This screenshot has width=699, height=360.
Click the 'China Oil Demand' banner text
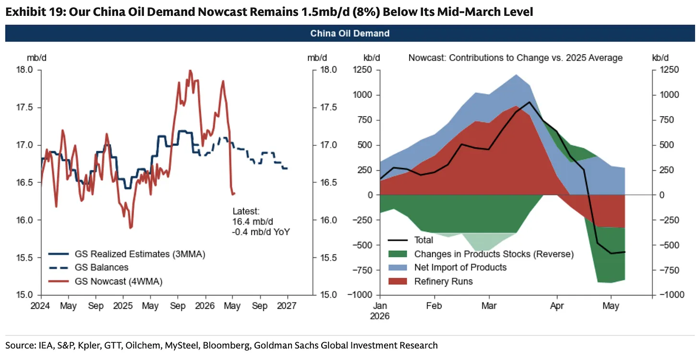pos(350,34)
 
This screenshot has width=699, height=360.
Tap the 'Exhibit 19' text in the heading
pos(36,12)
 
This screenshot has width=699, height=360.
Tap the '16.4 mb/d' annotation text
pos(253,221)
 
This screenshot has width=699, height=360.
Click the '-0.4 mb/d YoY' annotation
pos(261,232)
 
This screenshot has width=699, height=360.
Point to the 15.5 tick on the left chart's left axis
pos(24,258)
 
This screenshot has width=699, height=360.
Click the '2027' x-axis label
pos(287,306)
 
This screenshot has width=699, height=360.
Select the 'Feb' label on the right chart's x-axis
pos(434,306)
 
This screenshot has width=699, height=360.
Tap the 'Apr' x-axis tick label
pos(557,306)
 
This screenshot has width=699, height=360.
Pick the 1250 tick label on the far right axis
pos(669,70)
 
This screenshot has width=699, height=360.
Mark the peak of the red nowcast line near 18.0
pos(190,71)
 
